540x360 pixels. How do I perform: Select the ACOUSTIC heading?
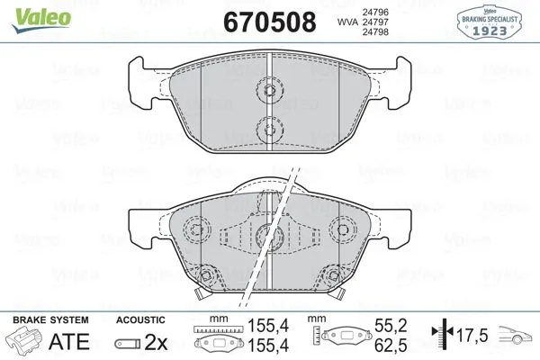[x=140, y=319]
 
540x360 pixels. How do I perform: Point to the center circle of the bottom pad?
[x=266, y=236]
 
